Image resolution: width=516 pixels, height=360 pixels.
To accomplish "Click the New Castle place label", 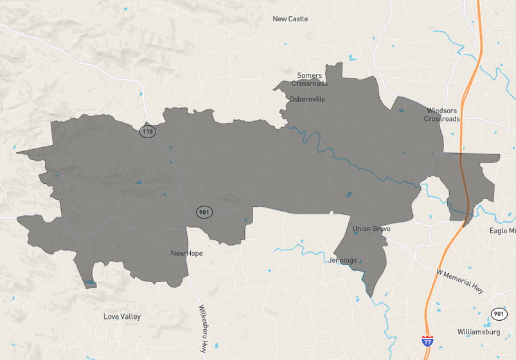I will [290, 19].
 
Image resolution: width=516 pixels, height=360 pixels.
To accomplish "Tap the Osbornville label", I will [307, 100].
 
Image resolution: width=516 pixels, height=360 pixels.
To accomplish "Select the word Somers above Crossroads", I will [309, 76].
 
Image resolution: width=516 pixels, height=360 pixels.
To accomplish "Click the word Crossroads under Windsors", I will [441, 119].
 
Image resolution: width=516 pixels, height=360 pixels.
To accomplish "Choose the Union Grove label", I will [371, 229].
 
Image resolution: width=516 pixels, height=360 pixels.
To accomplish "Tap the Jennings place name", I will [343, 260].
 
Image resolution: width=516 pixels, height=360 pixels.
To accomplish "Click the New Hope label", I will [186, 253].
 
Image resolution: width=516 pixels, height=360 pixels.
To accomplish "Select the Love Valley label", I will [122, 317].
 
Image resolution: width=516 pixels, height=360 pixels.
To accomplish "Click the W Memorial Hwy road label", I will [459, 279].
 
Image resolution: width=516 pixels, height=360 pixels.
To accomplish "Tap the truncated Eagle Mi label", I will [502, 231].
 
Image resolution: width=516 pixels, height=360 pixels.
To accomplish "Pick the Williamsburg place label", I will [478, 332].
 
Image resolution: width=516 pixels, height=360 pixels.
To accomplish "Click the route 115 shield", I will [148, 132].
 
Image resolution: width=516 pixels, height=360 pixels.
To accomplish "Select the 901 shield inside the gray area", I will [204, 212].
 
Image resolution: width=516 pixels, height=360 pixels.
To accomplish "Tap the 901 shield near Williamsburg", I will [499, 314].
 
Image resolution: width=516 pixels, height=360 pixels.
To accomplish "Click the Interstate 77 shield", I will [427, 342].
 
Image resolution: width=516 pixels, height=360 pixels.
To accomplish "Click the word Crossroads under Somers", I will [309, 84].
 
